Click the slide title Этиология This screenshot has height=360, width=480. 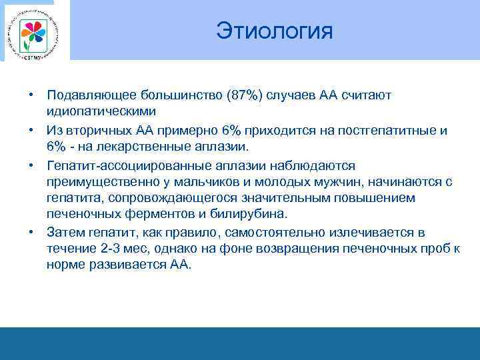click(x=274, y=31)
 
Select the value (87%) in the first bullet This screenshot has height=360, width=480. click(x=245, y=95)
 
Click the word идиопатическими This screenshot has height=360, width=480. click(x=101, y=111)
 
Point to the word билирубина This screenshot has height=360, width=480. click(x=252, y=215)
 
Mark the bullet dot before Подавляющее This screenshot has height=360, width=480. click(x=31, y=95)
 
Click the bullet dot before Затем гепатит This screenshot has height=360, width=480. click(x=31, y=233)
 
